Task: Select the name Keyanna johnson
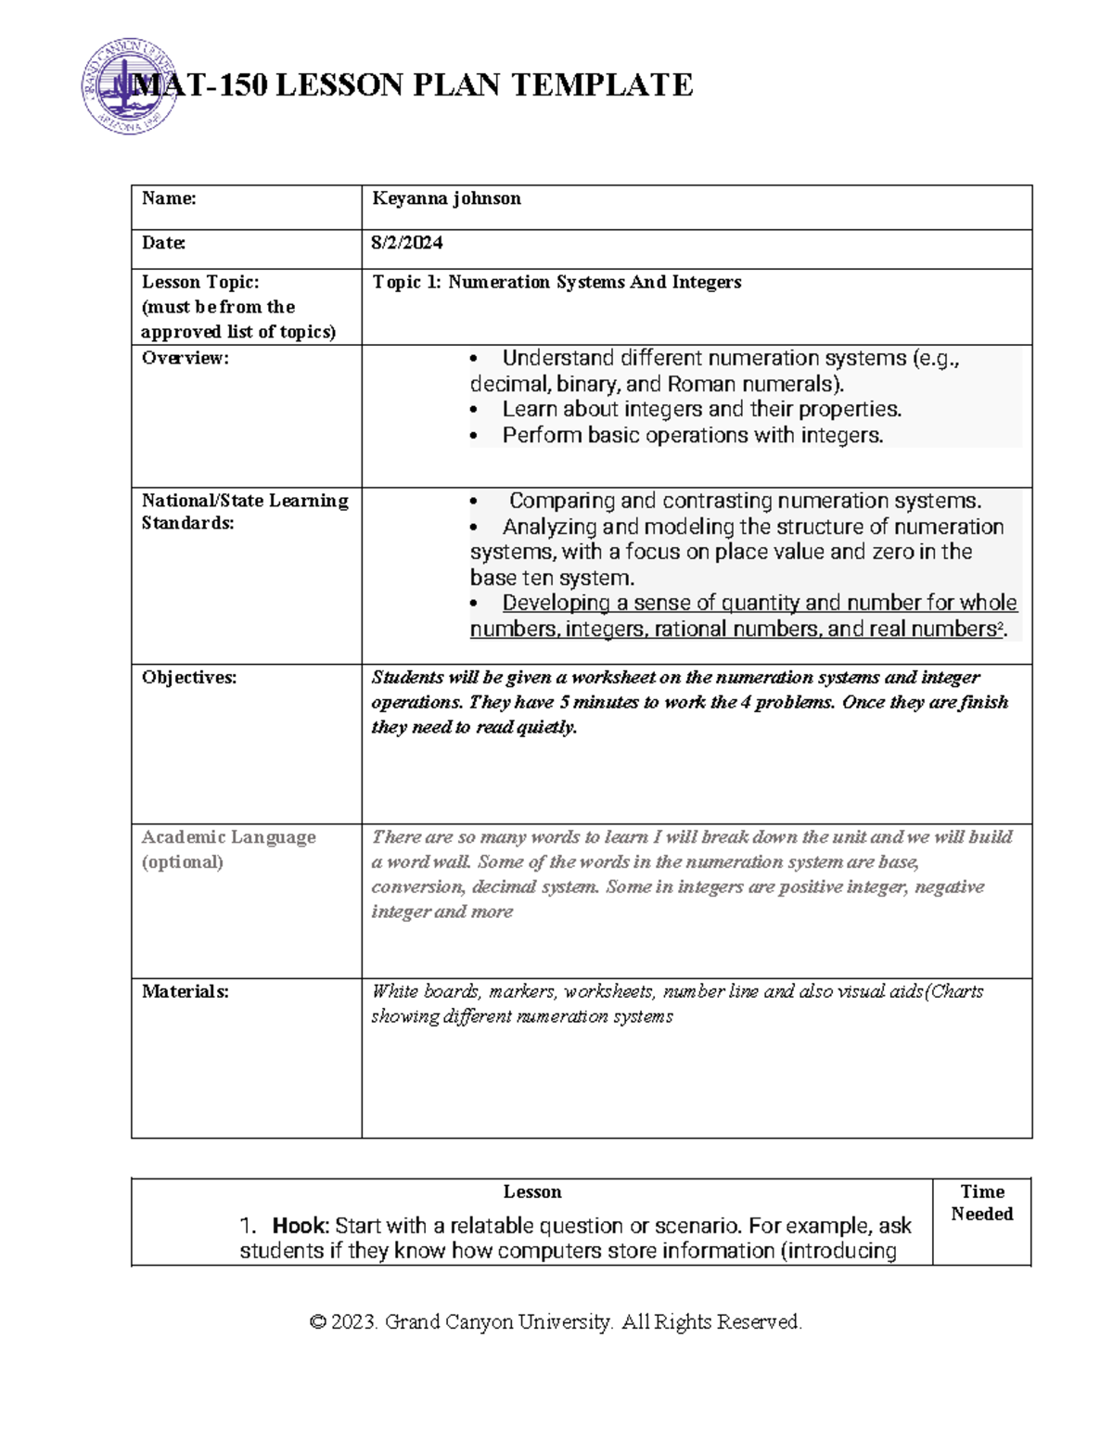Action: (x=446, y=198)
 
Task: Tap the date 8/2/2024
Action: (x=406, y=243)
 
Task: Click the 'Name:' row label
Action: (x=169, y=198)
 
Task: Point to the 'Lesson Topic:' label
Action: (x=200, y=282)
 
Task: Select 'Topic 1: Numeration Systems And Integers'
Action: (x=556, y=282)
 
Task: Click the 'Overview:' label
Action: (x=185, y=358)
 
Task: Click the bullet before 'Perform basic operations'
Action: (x=475, y=436)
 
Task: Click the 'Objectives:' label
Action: (x=189, y=678)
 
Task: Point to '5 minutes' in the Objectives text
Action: (x=599, y=702)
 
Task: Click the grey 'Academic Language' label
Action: (x=228, y=837)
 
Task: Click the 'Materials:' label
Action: (x=185, y=991)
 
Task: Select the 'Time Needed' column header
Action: (x=981, y=1203)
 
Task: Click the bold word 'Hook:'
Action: (x=300, y=1226)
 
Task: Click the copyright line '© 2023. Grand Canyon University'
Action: (x=555, y=1321)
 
